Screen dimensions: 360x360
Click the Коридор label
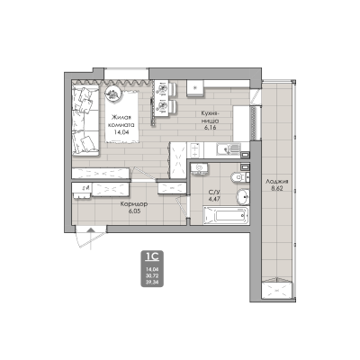pos(134,203)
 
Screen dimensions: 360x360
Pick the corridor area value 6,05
pos(134,212)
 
